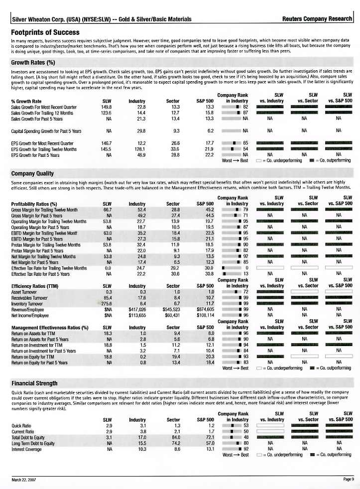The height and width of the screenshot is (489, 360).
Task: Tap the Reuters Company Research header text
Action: (317, 19)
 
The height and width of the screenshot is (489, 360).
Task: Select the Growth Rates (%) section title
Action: (33, 63)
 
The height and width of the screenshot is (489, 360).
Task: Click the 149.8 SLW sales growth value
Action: (106, 107)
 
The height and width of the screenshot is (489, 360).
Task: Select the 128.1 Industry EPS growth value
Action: (139, 149)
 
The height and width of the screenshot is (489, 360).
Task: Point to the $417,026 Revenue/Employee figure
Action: (136, 309)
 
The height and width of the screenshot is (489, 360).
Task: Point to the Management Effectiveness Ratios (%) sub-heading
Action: (49, 328)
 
